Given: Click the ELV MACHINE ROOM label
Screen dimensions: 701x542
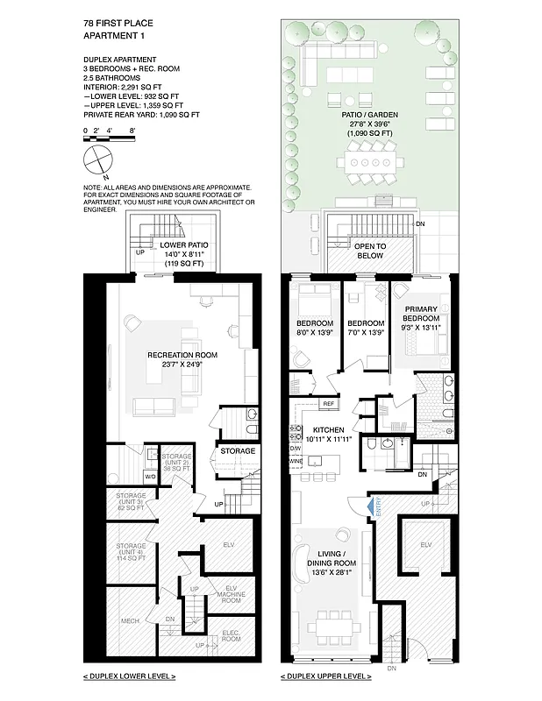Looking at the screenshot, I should click(x=231, y=595).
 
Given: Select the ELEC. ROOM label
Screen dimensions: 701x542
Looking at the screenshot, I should click(x=232, y=636).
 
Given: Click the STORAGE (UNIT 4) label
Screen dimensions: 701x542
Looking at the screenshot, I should click(x=130, y=552).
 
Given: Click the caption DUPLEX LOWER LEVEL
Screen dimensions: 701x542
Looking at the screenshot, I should click(x=129, y=676).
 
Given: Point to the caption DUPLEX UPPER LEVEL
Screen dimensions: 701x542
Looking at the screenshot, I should click(x=325, y=676).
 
